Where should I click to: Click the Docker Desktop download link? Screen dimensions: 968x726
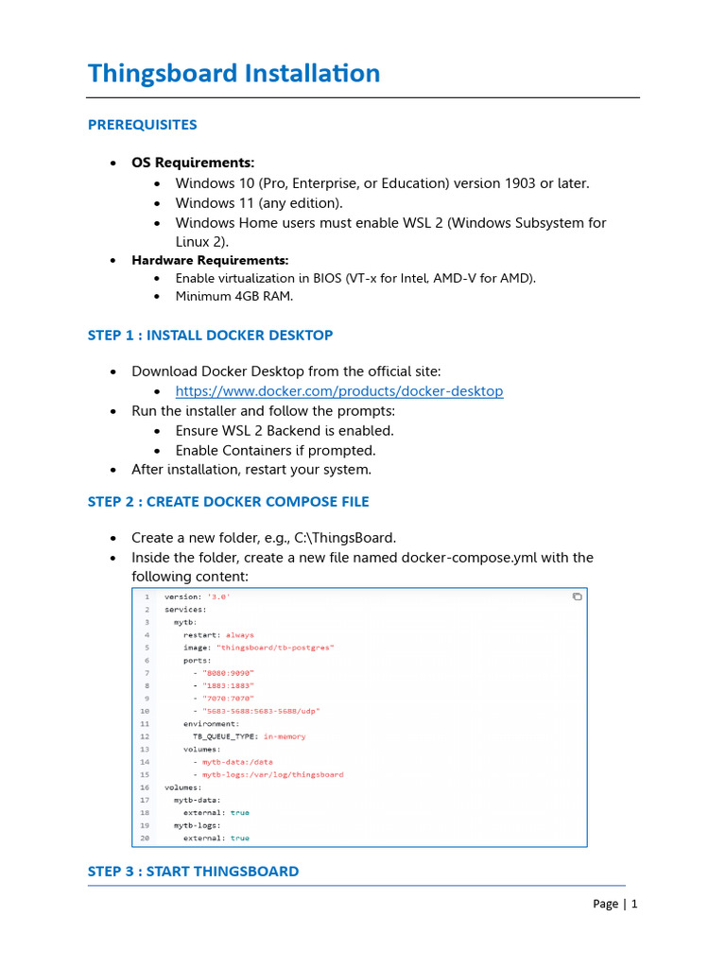(x=339, y=391)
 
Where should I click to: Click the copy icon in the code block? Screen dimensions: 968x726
(x=577, y=596)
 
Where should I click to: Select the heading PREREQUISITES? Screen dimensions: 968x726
(x=142, y=125)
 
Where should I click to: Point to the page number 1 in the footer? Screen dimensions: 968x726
(x=634, y=904)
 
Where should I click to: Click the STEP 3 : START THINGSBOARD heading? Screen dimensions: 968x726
(x=193, y=872)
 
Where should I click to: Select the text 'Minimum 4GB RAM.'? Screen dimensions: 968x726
(x=233, y=296)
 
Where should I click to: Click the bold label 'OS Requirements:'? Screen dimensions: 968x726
(x=193, y=163)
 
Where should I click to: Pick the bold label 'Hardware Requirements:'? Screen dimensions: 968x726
(x=210, y=260)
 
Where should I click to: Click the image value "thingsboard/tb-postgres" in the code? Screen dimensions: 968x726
(x=275, y=648)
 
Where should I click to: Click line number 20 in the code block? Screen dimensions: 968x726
(x=145, y=838)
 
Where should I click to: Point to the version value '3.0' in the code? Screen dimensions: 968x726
(x=220, y=597)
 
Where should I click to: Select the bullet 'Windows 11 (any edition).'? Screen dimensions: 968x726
(x=259, y=203)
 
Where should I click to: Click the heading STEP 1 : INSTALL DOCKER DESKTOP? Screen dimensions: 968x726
(x=210, y=336)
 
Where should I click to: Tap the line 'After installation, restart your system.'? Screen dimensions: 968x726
(x=251, y=470)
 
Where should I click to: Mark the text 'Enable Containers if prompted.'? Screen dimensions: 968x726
(x=275, y=450)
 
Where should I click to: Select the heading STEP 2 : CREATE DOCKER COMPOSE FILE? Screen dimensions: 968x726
(x=228, y=502)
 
